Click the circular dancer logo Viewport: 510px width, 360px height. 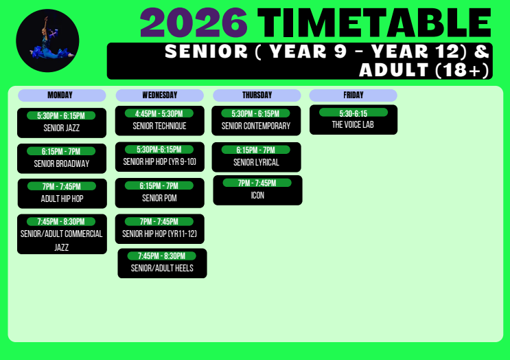pos(47,41)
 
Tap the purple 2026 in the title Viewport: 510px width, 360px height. pos(194,23)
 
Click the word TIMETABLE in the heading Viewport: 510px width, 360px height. pos(374,23)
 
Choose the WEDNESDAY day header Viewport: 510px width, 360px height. pos(160,95)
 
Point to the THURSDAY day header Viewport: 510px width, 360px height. pos(257,95)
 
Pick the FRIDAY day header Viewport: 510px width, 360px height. pos(353,95)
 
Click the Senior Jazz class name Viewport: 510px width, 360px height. pos(62,128)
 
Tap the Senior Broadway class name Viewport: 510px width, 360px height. pos(62,164)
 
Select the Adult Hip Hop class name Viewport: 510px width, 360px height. pos(62,199)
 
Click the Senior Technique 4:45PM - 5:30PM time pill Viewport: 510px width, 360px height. pos(159,113)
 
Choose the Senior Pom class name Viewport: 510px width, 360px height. pos(159,198)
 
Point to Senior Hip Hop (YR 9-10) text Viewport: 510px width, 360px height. pos(160,161)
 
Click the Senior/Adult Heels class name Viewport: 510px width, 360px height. pos(162,268)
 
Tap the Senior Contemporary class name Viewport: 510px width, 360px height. pos(256,126)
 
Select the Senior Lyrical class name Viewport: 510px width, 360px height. pos(256,162)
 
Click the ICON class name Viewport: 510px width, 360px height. pos(257,195)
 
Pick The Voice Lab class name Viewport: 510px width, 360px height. pos(353,124)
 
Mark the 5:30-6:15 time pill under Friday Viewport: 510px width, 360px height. pos(353,113)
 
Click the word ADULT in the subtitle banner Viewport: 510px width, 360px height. pos(394,70)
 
